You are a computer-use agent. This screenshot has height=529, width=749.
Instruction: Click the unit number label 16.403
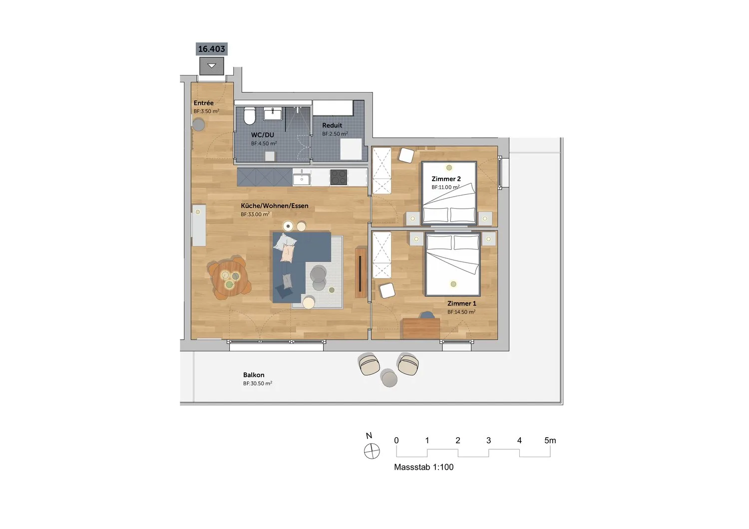coord(211,49)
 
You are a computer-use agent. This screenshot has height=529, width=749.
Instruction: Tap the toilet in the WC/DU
coord(250,116)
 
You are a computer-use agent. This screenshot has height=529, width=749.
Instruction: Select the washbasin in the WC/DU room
coord(273,114)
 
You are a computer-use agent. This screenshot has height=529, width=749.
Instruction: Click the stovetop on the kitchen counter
coord(339,177)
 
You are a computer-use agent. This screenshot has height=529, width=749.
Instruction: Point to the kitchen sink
coord(302,177)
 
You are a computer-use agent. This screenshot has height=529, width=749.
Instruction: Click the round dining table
coord(230,277)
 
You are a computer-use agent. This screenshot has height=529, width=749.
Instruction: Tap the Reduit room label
coord(332,125)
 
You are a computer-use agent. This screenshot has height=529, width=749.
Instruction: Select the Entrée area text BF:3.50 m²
coord(206,111)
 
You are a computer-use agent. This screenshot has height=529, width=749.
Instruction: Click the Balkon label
coord(254,375)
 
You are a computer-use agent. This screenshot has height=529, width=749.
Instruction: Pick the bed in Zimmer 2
coord(449,193)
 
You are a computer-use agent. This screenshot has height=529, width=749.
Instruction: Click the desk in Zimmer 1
coord(421,328)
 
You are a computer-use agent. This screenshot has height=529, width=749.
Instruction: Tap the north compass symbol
coord(372,451)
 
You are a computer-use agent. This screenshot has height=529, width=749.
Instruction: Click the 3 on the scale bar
coord(488,441)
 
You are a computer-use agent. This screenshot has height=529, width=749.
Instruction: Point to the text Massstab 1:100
coord(423,467)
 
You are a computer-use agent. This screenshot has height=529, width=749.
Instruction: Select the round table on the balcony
coord(389,378)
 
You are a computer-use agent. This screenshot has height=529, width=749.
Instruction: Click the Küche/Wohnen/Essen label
coord(275,206)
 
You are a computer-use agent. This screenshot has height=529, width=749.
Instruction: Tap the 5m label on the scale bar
coord(550,441)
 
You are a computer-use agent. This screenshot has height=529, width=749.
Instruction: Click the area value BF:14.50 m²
coord(461,312)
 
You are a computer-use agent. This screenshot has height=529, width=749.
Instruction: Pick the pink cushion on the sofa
coord(288,253)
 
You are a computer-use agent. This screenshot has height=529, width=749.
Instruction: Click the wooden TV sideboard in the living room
coord(361,272)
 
